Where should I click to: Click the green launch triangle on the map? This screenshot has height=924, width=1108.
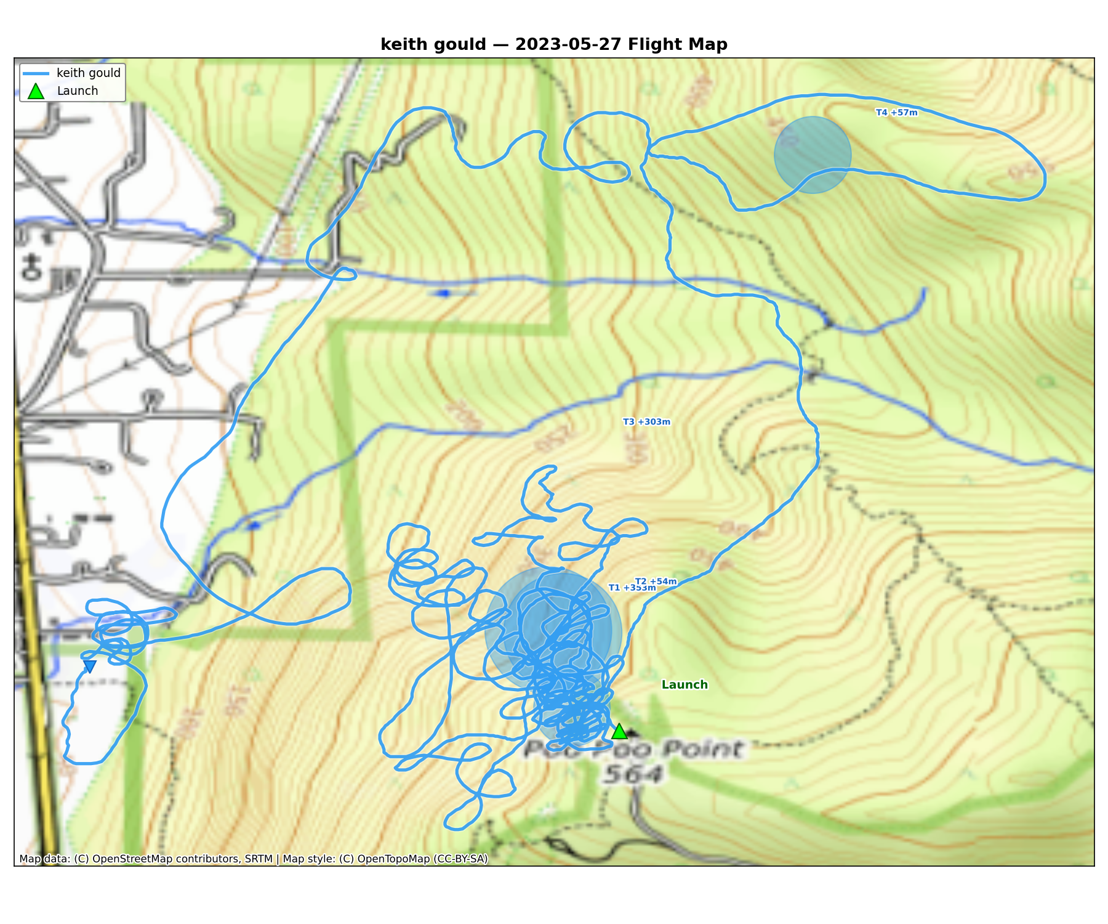[619, 732]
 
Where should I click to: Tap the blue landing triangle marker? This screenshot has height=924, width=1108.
[89, 666]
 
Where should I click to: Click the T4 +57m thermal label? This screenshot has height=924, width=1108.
[896, 113]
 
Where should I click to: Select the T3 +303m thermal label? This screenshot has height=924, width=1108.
[646, 422]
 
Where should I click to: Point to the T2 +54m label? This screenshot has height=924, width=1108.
[656, 581]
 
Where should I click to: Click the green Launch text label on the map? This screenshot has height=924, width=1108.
[684, 684]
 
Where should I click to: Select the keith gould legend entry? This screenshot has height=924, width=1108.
[88, 73]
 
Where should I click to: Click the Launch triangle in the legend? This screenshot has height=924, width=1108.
[36, 91]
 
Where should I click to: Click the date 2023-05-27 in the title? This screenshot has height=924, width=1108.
[560, 44]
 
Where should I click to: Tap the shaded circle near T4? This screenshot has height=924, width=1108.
[813, 155]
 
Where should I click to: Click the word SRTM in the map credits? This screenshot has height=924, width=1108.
[259, 859]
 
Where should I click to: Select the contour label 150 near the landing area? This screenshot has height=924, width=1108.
[233, 702]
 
